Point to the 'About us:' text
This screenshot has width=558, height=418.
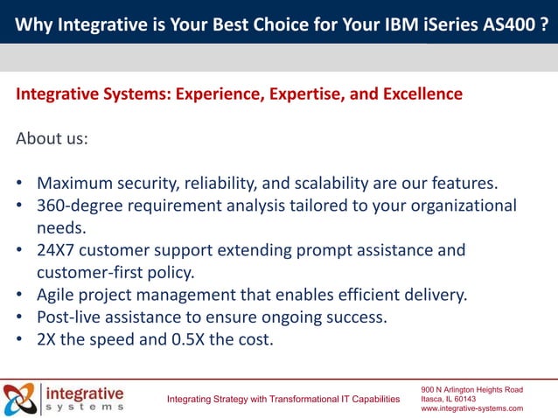point(52,138)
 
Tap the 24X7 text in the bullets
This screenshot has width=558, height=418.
point(58,251)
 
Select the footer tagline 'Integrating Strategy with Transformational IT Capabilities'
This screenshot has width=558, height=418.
point(283,400)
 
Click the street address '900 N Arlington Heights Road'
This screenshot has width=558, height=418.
point(471,389)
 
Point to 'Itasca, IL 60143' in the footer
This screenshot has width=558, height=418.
point(448,399)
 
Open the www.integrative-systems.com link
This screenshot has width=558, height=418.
point(471,408)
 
